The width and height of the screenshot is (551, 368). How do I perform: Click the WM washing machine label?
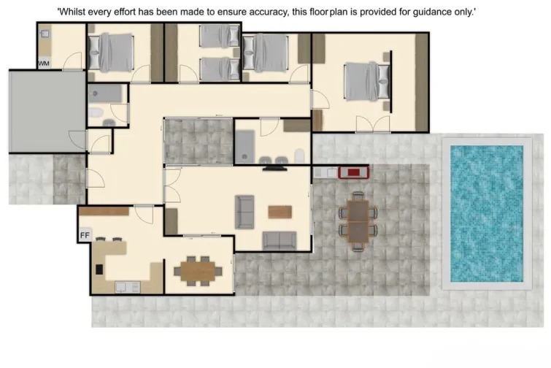(x=44, y=64)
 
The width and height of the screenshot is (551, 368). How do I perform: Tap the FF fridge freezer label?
(x=85, y=235)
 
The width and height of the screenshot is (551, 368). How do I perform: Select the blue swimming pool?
(x=487, y=213)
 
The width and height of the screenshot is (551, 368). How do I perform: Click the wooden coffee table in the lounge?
(x=280, y=212)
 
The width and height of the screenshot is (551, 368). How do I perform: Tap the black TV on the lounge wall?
(x=274, y=168)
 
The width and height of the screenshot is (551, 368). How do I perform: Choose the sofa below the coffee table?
(x=280, y=240)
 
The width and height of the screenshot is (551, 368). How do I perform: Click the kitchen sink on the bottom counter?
(x=123, y=286)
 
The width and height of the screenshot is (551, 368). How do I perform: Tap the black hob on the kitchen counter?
(x=99, y=268)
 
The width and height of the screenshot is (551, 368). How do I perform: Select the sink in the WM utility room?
(x=45, y=34)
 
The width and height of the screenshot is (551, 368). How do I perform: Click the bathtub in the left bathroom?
(x=107, y=93)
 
